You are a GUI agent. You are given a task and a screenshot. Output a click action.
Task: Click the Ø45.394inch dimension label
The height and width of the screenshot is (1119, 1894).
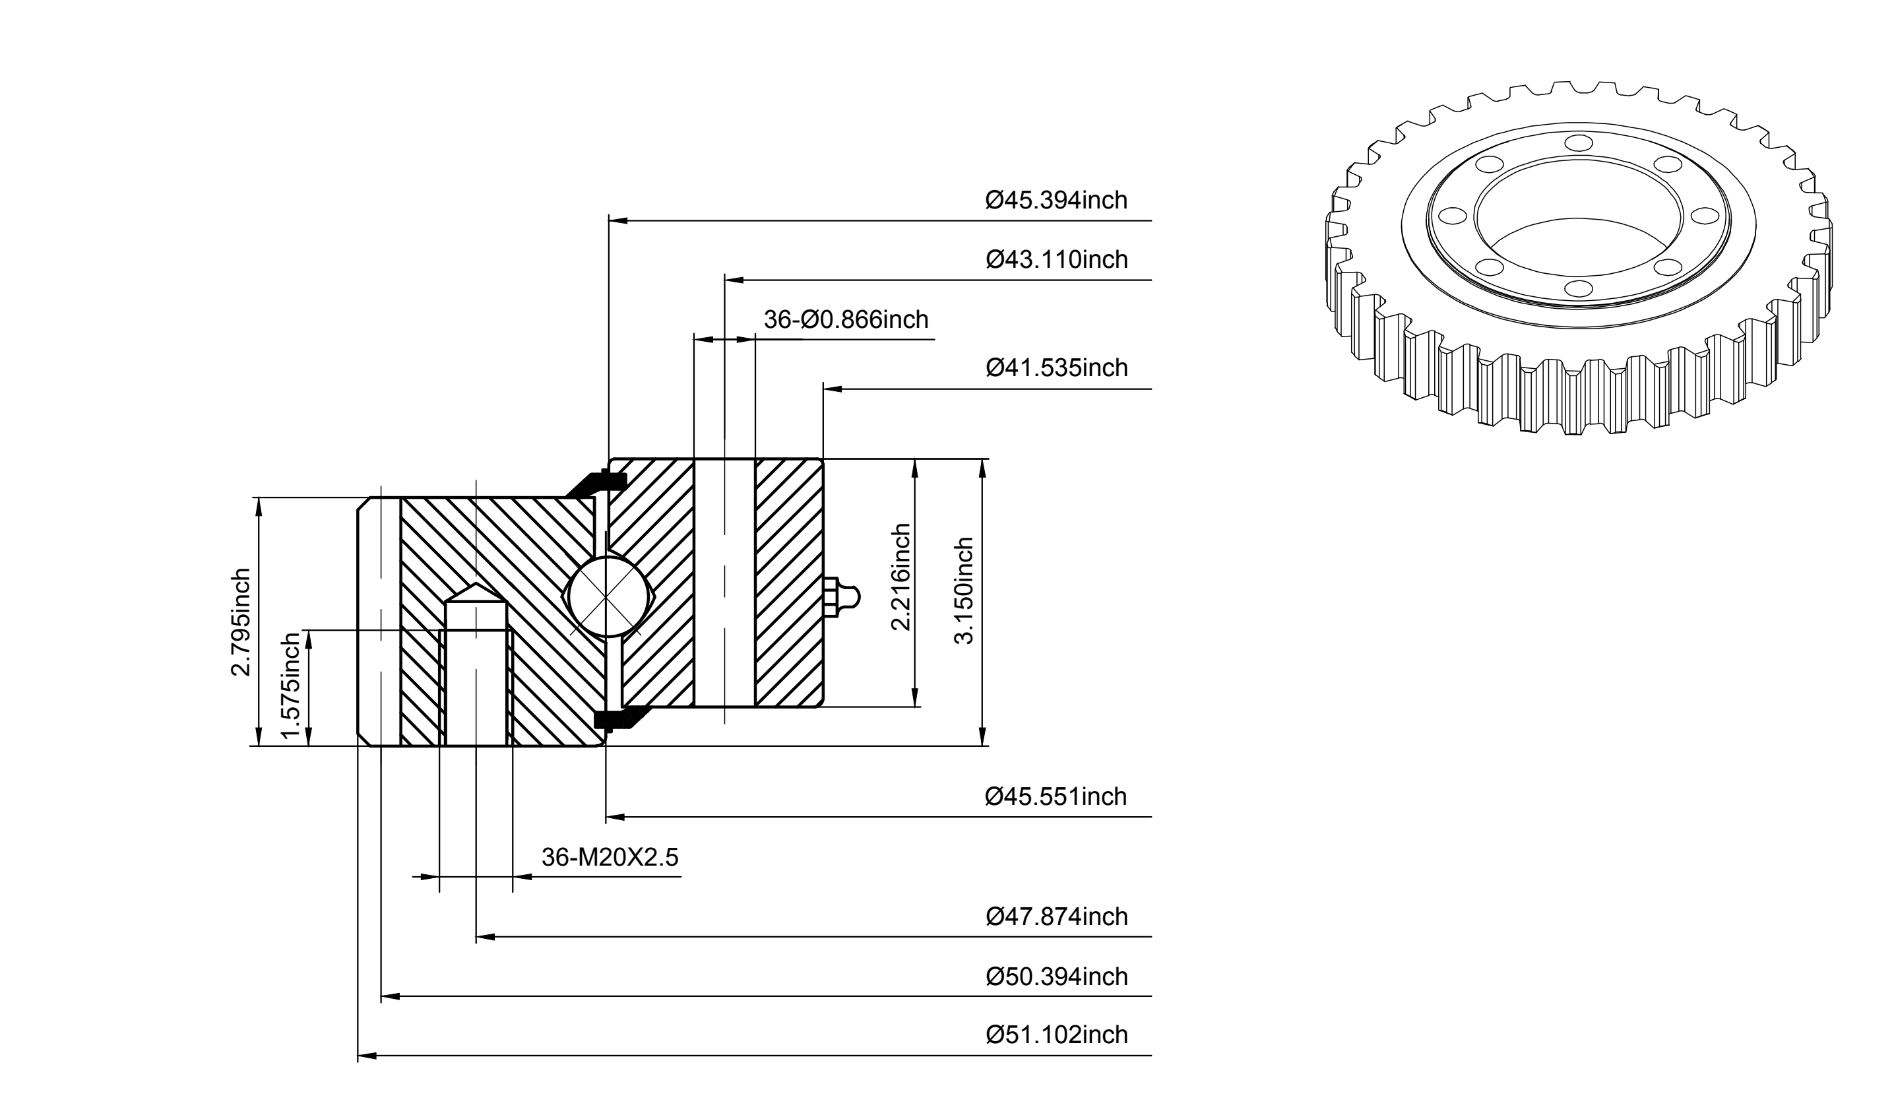click(x=1056, y=200)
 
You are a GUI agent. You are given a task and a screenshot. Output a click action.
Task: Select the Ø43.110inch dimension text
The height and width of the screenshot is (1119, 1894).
click(x=1056, y=259)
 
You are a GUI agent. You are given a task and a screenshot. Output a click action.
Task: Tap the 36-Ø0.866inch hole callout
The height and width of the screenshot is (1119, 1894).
click(x=846, y=320)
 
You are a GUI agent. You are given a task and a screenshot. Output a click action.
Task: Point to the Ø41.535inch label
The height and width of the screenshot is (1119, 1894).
click(x=1056, y=368)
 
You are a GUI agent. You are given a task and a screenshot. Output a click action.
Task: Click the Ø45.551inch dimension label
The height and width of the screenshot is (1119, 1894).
click(x=1056, y=796)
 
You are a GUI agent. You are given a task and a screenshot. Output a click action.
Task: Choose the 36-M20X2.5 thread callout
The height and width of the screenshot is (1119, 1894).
click(x=610, y=856)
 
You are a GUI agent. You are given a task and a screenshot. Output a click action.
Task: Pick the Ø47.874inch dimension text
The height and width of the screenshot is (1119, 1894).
click(x=1056, y=916)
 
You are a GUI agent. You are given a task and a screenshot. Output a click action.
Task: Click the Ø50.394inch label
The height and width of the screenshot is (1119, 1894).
click(x=1056, y=976)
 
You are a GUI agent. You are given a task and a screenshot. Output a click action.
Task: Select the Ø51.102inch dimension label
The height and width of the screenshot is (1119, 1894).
click(x=1056, y=1035)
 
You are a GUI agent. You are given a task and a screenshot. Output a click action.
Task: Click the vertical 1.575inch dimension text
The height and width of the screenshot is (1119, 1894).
click(x=290, y=686)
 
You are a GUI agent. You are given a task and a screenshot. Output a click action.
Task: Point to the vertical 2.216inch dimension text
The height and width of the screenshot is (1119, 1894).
click(x=901, y=577)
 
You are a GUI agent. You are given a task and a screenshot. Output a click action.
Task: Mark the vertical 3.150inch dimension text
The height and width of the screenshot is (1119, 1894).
click(x=964, y=591)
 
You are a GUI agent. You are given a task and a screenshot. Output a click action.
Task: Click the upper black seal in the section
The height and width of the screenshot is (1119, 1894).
click(x=598, y=484)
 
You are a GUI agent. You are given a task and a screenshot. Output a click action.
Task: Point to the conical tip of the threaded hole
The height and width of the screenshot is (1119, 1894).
click(x=476, y=586)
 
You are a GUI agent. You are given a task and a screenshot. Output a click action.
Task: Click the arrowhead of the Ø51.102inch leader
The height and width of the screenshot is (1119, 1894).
click(x=366, y=1056)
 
